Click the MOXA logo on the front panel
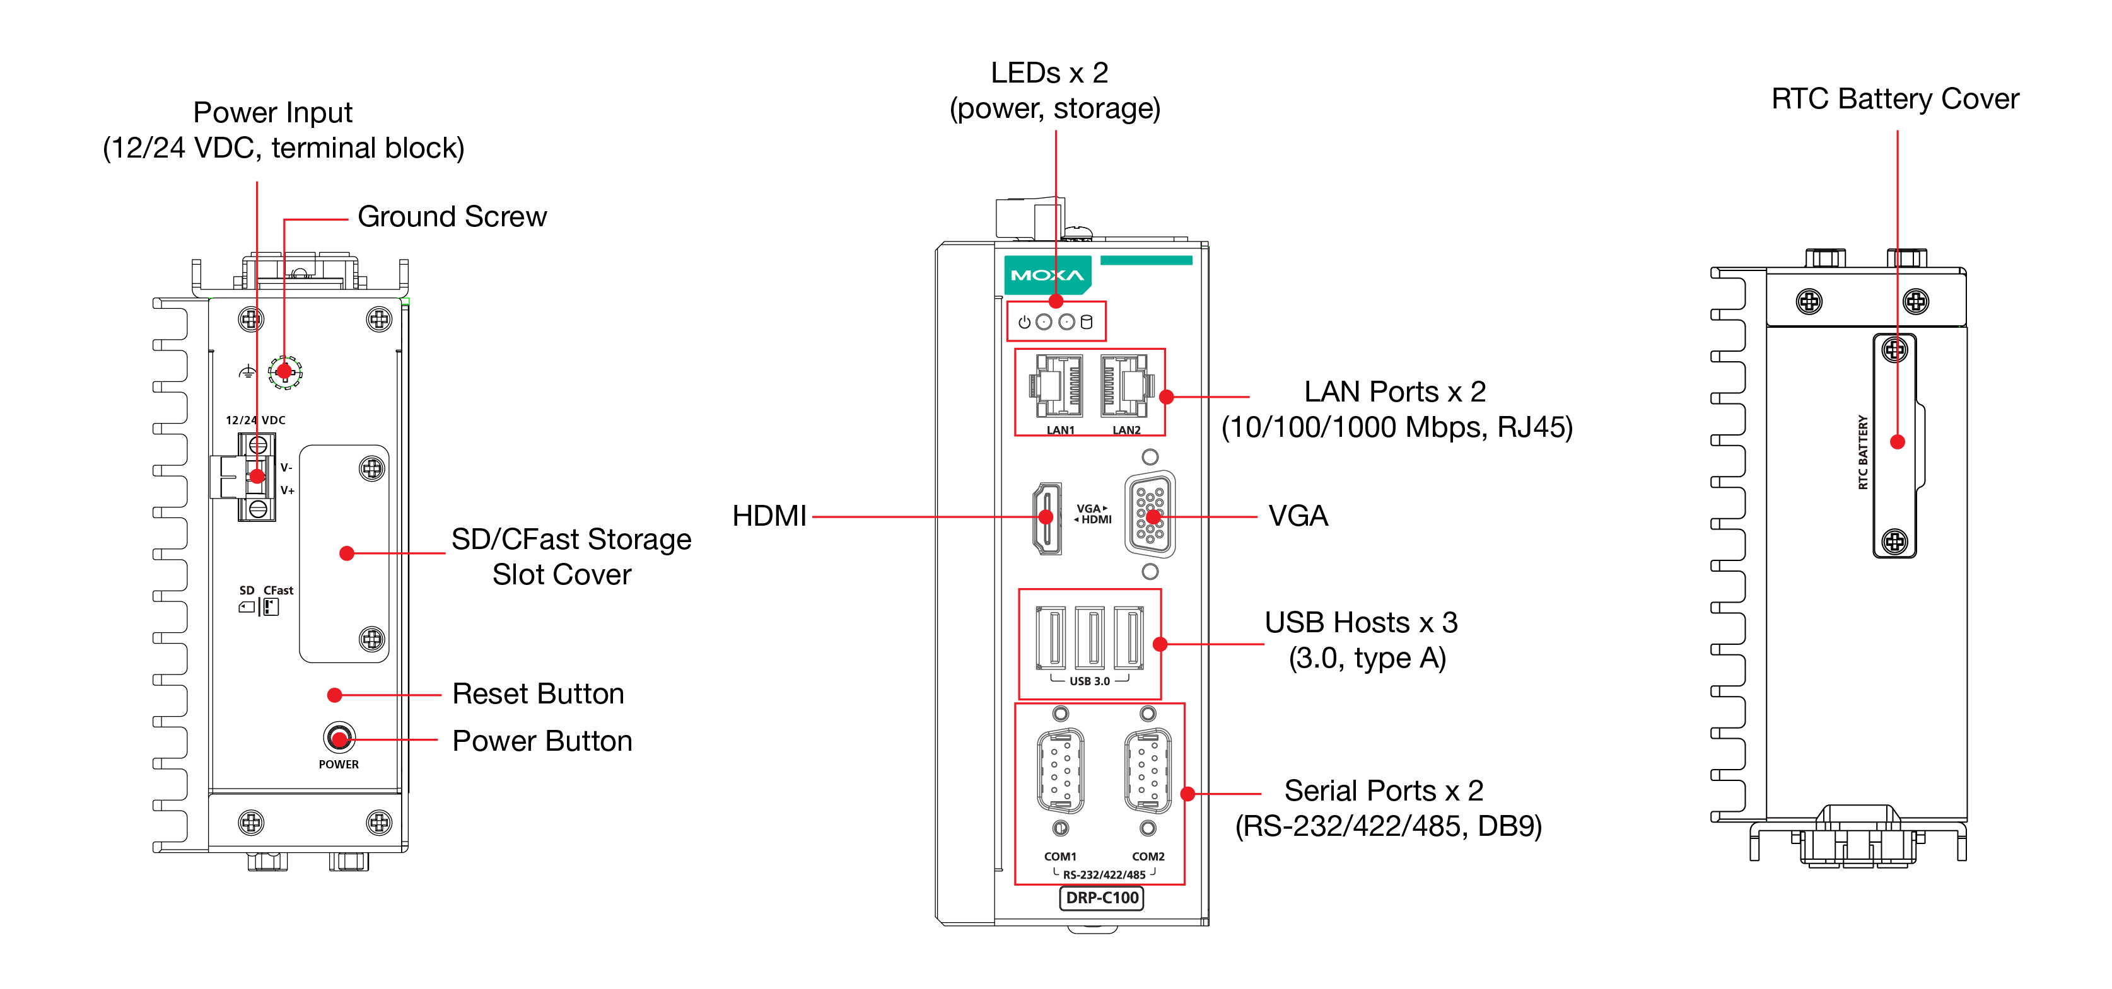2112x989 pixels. click(1047, 275)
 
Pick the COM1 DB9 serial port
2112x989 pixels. click(1060, 770)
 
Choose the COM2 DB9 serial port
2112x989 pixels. click(1148, 770)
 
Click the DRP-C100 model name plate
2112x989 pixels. click(1101, 898)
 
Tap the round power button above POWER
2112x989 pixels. click(339, 737)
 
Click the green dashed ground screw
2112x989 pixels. click(284, 372)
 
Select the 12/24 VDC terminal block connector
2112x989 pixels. click(256, 477)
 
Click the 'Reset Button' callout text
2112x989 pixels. click(538, 694)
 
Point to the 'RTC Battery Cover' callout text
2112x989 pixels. click(1894, 99)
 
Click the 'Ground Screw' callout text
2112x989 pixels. click(452, 217)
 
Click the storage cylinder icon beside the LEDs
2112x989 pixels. click(1087, 322)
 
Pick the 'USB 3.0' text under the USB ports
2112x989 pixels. click(1090, 681)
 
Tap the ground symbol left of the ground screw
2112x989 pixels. click(247, 373)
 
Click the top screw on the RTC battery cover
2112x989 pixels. click(1894, 350)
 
